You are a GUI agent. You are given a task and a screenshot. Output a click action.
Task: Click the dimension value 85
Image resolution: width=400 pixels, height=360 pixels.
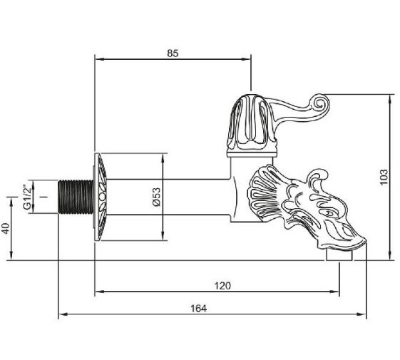[173, 53]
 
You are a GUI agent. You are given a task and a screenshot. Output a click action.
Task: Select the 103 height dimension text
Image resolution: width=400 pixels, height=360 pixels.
[384, 177]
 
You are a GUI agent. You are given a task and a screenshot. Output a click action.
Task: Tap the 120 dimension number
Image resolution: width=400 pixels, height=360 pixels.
[222, 285]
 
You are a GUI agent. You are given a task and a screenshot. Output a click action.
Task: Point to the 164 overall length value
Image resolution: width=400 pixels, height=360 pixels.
[199, 309]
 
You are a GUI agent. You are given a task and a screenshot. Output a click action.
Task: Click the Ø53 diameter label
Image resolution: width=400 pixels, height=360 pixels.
[156, 197]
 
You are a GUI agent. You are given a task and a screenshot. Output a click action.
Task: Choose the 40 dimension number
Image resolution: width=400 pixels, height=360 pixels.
[6, 228]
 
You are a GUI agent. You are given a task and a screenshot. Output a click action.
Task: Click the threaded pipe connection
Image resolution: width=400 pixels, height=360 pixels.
[76, 197]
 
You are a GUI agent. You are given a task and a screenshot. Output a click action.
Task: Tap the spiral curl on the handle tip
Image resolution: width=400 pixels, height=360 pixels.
[320, 103]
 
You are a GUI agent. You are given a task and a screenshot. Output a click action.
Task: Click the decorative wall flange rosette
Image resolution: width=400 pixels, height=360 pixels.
[101, 197]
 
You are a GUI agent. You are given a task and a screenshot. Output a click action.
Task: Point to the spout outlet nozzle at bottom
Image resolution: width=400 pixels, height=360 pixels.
[339, 254]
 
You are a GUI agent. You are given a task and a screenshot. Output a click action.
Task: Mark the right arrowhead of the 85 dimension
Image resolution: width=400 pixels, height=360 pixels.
[247, 59]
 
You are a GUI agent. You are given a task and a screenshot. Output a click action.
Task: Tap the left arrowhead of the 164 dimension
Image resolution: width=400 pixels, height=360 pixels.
[63, 314]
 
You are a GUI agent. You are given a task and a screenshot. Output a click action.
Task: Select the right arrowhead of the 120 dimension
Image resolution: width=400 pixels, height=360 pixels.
[334, 292]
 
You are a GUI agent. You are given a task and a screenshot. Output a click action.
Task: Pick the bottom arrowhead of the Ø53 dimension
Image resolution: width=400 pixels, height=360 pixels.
[163, 236]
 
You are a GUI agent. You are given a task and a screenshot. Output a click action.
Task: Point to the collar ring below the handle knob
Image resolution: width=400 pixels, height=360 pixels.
[252, 154]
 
